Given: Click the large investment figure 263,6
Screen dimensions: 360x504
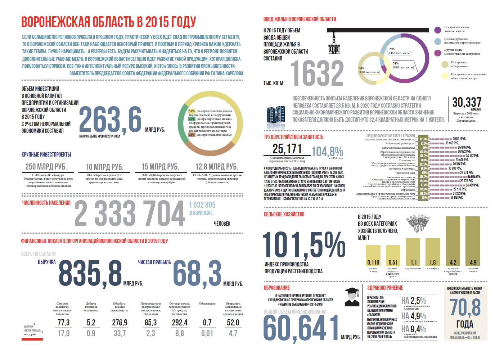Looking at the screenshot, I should [110, 120].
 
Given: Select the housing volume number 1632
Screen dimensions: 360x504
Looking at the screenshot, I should [317, 73].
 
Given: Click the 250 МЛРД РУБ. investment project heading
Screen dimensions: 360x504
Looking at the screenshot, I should [46, 167].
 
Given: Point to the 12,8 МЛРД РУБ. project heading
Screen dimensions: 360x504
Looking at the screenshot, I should [217, 167].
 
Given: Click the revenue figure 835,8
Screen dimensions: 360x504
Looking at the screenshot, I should [90, 274].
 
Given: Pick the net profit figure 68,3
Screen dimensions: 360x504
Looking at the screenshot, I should [197, 273].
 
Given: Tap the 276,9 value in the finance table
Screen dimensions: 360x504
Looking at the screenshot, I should [120, 323].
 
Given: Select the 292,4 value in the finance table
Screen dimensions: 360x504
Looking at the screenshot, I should [180, 323].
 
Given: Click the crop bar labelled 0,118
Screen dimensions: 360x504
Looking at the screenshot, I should [373, 256].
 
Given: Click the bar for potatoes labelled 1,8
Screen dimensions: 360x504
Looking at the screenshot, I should [433, 252].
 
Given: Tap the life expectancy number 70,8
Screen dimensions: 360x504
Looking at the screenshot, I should [465, 307].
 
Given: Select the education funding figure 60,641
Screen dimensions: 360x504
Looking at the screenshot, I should [301, 329].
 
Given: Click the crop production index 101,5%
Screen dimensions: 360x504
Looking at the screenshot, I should [304, 245].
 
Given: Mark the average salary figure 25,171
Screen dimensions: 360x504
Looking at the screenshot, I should [287, 149].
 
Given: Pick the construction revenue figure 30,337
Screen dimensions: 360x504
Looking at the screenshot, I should [467, 102].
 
